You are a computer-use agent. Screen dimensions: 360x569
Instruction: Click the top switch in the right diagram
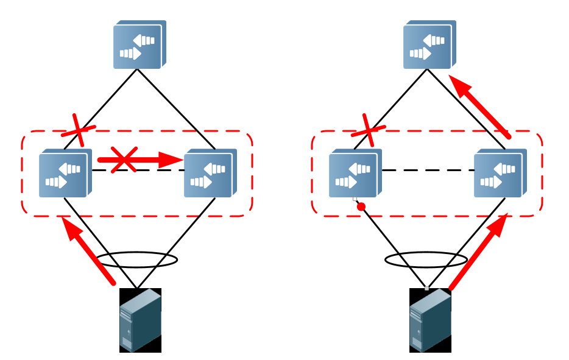[429, 45]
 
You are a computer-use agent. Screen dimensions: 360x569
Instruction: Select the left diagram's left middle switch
[65, 174]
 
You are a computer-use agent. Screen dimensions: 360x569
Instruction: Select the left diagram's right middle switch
[210, 174]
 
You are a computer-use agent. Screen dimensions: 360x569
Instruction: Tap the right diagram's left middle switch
[355, 174]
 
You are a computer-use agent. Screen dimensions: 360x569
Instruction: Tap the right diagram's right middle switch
[500, 174]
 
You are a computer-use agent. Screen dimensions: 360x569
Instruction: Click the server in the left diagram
[140, 320]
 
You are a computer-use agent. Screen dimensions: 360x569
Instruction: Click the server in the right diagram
[430, 320]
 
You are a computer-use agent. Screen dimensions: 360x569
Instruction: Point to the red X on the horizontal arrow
[124, 160]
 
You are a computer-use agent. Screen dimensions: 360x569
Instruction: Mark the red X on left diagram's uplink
[79, 129]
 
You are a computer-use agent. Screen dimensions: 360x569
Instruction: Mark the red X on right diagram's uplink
[369, 129]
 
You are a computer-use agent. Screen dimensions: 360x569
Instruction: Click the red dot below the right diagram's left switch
[361, 207]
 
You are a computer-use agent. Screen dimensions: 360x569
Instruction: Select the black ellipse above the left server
[138, 260]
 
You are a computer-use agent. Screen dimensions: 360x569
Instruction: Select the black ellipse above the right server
[426, 260]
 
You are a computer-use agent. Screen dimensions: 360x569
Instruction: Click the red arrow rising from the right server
[478, 252]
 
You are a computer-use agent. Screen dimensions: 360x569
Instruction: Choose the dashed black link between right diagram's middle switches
[428, 171]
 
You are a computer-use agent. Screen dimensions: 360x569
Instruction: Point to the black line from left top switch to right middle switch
[177, 110]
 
